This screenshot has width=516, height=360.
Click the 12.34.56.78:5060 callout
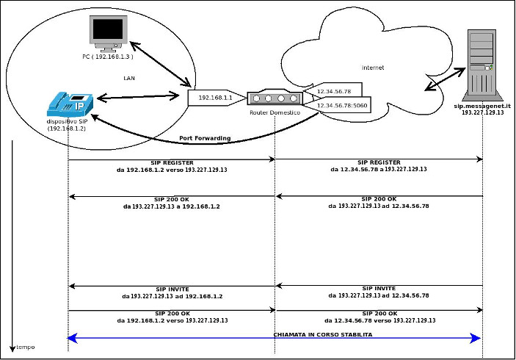point(342,106)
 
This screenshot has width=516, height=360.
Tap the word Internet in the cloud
point(373,68)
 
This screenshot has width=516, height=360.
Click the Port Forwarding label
point(205,138)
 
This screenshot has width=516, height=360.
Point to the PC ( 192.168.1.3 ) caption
point(107,56)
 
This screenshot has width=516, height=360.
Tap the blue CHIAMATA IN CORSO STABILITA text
point(323,334)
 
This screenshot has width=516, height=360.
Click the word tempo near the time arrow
point(26,347)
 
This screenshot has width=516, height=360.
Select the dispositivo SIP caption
point(67,122)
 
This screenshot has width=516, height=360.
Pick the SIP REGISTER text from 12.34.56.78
point(379,162)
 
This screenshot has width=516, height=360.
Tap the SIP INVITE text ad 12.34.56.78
point(379,289)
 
